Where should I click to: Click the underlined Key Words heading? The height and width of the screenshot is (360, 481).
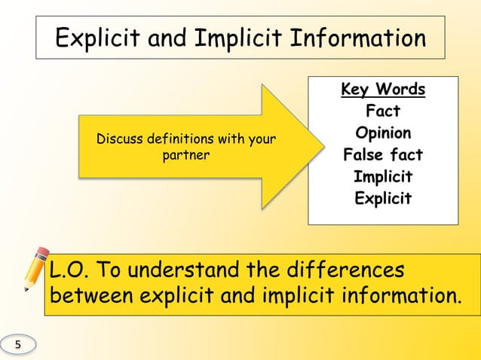click(383, 90)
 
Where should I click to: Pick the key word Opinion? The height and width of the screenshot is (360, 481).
click(383, 133)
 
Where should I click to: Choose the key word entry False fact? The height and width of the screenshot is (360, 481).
click(383, 155)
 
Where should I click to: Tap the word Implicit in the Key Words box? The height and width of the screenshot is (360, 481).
click(383, 177)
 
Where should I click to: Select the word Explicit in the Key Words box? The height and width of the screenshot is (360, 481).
click(383, 199)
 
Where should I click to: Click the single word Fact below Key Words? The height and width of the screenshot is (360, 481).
click(383, 111)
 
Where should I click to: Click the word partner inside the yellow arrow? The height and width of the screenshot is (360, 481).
click(185, 155)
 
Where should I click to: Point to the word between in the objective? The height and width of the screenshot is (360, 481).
click(91, 296)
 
